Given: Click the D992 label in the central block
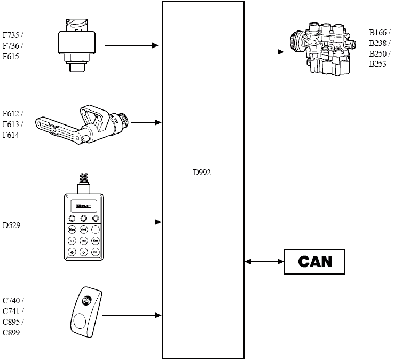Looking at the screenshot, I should [202, 173].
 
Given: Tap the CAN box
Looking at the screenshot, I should [314, 262].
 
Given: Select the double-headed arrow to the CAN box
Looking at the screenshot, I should [264, 262].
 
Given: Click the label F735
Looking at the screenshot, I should [11, 35].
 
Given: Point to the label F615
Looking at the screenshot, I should [11, 56].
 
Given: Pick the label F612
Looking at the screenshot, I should [11, 113].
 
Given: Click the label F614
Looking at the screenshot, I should [11, 135].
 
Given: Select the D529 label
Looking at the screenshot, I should [12, 225].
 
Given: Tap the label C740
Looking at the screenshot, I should [11, 301].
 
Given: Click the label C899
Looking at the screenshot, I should [11, 333].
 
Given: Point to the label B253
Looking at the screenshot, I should [379, 64].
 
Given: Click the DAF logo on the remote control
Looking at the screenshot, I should [83, 207].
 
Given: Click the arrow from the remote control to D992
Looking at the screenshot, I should [134, 222].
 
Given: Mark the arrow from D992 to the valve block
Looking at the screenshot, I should [264, 52].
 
